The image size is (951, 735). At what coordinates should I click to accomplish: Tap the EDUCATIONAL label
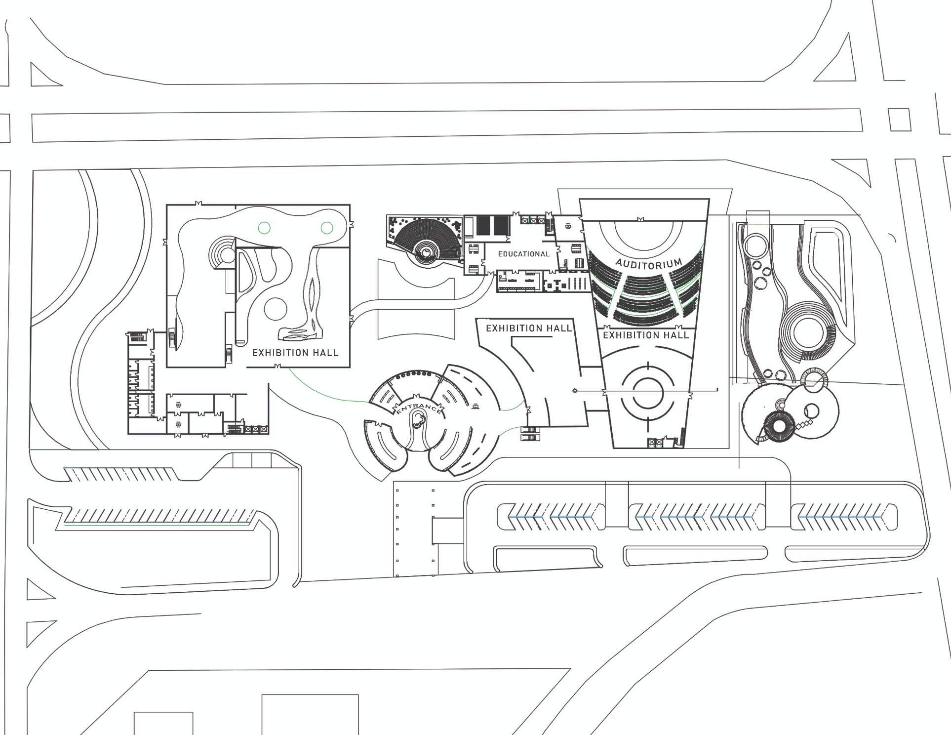(523, 254)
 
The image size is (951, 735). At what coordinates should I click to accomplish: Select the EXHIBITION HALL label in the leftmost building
(295, 353)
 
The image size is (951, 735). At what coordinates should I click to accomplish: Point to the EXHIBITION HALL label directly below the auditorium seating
(646, 335)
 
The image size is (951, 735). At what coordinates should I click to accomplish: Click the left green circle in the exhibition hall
(264, 228)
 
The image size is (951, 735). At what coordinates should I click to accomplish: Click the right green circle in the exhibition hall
(326, 228)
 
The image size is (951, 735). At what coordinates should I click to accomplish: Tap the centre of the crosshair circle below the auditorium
(647, 392)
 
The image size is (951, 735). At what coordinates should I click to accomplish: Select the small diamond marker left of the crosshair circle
(575, 391)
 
